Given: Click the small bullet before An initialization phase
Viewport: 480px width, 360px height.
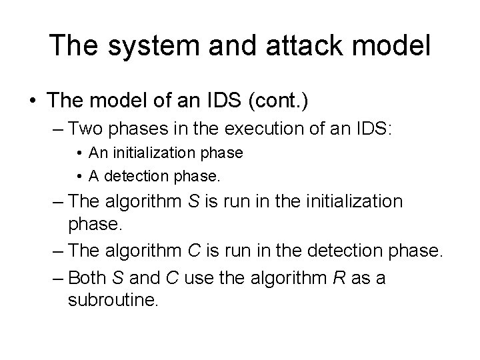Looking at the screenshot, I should point(79,153).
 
